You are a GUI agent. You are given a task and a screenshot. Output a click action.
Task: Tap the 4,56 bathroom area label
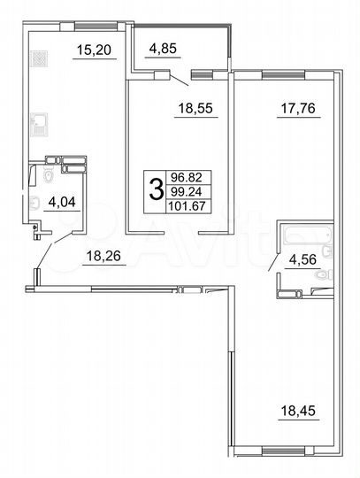[297, 260]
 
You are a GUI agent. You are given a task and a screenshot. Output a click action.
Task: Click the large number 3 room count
[156, 189]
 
